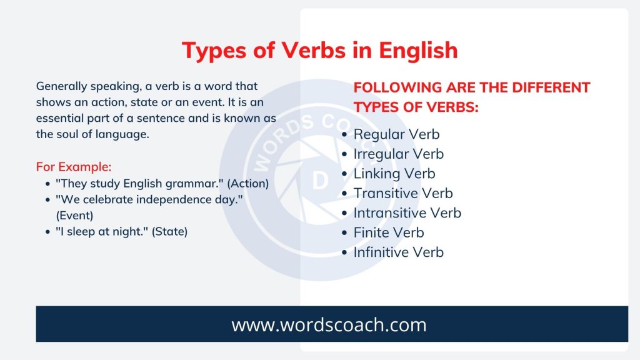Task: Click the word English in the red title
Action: (418, 51)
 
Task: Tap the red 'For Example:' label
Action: (74, 167)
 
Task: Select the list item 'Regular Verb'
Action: (396, 134)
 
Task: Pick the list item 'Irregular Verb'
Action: (398, 154)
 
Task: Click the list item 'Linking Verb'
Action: (394, 174)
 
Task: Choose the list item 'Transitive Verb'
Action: (403, 193)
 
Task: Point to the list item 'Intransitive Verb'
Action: (407, 212)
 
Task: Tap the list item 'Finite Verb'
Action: (389, 232)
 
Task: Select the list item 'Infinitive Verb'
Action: (398, 252)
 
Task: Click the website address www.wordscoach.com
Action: (329, 325)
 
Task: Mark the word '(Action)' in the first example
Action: (247, 184)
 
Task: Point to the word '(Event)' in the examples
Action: (75, 216)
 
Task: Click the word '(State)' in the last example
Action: (169, 231)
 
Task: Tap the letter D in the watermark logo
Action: (320, 181)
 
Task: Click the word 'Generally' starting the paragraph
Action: (62, 87)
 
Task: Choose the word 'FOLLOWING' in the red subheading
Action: (397, 87)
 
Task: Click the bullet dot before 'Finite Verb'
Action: (344, 233)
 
